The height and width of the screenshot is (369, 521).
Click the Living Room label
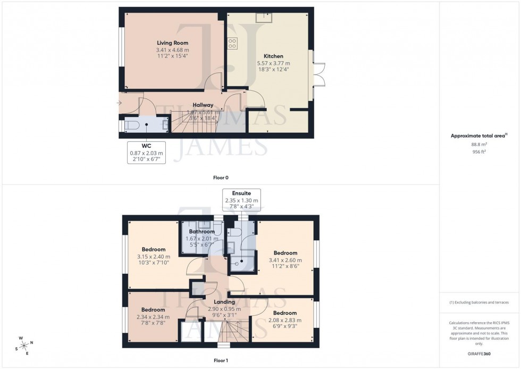click(172, 43)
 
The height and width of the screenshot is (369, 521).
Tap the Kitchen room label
click(273, 56)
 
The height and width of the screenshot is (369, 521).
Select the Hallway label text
click(203, 105)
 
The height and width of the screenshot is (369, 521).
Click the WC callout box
click(146, 153)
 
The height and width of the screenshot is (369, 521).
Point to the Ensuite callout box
click(241, 200)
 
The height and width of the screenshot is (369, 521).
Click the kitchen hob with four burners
click(233, 44)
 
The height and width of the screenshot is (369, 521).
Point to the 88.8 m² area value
click(480, 144)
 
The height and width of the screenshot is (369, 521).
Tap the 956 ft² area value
click(480, 151)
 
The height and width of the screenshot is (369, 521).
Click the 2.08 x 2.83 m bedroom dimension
click(285, 320)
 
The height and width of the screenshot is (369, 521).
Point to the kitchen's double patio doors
click(318, 75)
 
